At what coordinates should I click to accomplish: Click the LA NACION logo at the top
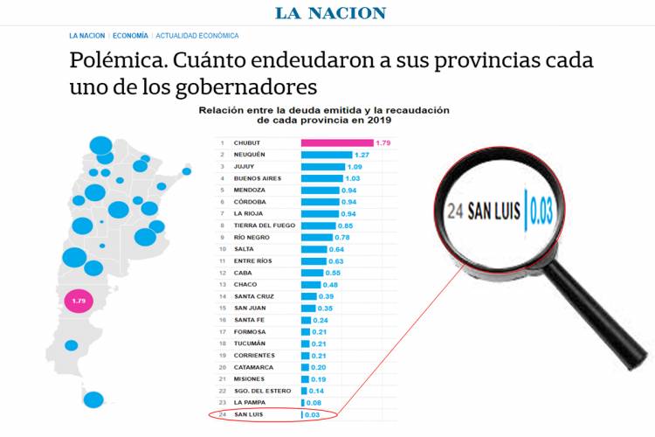pos(330,13)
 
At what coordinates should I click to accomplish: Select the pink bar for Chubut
pos(337,142)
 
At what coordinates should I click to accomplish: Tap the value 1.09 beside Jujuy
pos(355,167)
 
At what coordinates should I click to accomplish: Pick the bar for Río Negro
pos(317,238)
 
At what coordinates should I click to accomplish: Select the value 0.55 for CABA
pos(332,273)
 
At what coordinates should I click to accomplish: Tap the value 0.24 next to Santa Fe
pos(321,320)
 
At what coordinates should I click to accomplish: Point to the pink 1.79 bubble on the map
pos(80,302)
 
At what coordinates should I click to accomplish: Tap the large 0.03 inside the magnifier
pos(541,212)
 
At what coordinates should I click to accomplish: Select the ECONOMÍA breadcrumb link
pos(130,36)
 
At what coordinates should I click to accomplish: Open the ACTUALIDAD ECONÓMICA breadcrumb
pos(196,36)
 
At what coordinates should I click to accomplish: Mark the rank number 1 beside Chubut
pos(223,142)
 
